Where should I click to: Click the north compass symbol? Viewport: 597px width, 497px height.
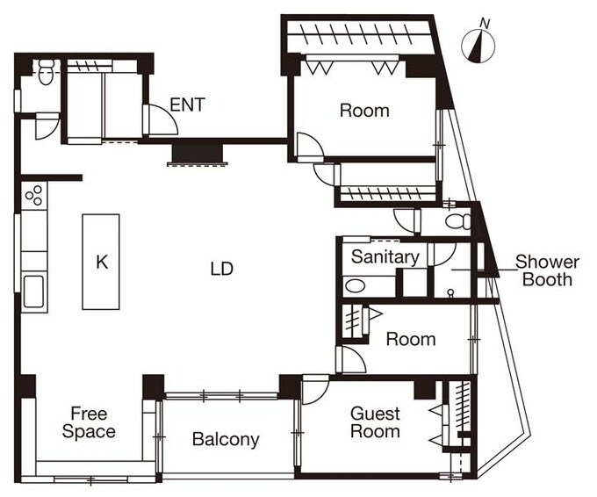[x=478, y=45]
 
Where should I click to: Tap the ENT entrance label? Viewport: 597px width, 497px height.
[x=187, y=104]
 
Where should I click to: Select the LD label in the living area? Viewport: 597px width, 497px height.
[x=221, y=269]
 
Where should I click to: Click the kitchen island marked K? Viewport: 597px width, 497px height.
[x=101, y=262]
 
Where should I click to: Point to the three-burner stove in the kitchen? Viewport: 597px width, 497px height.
[x=34, y=195]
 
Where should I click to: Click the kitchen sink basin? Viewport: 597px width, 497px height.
[x=34, y=292]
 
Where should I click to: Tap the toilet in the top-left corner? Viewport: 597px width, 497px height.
[x=46, y=72]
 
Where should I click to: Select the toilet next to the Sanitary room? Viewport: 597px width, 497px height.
[x=458, y=222]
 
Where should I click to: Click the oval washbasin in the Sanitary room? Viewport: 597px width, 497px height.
[x=356, y=286]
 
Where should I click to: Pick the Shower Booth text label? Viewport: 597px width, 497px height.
[x=547, y=270]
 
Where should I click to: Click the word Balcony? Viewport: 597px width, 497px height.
[x=226, y=439]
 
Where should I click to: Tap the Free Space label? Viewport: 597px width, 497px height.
[x=89, y=422]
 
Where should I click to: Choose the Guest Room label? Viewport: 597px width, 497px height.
[x=375, y=422]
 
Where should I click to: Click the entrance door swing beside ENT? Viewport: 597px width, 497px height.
[x=162, y=119]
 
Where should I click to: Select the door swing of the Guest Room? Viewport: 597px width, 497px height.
[x=315, y=389]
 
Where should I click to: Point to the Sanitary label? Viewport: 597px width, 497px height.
[x=385, y=256]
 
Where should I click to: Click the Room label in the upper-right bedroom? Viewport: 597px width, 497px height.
[x=364, y=111]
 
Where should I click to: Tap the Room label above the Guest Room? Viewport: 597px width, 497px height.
[x=411, y=339]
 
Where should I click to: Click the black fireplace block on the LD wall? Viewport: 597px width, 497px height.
[x=198, y=153]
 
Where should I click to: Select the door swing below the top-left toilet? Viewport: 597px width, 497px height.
[x=47, y=126]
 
